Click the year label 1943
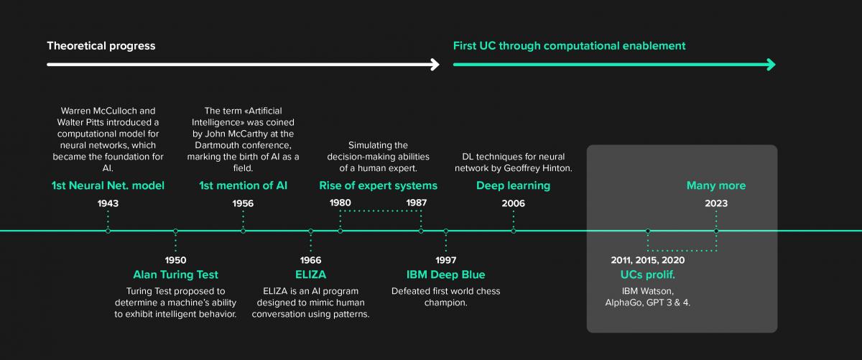[108, 203]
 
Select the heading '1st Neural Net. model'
[108, 186]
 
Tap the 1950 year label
[175, 260]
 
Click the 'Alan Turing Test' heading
[175, 274]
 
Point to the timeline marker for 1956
[243, 231]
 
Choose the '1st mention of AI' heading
[243, 186]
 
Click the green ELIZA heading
[310, 274]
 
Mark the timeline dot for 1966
[310, 231]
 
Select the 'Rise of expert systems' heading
[378, 186]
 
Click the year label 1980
[340, 203]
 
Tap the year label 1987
[417, 203]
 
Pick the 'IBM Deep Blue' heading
[445, 274]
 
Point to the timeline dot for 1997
[445, 231]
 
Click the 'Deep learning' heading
[513, 186]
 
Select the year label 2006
[513, 203]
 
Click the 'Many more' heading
[715, 186]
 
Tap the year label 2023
[715, 203]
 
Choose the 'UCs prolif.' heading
[647, 274]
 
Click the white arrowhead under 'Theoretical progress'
[435, 65]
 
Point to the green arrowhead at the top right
[771, 65]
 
